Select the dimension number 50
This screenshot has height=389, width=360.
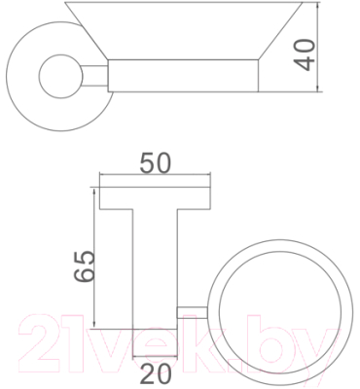157,163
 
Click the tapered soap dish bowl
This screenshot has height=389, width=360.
180,29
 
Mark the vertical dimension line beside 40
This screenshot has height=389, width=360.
322,49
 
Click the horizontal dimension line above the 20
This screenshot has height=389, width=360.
156,354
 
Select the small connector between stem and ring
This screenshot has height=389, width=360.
192,312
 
